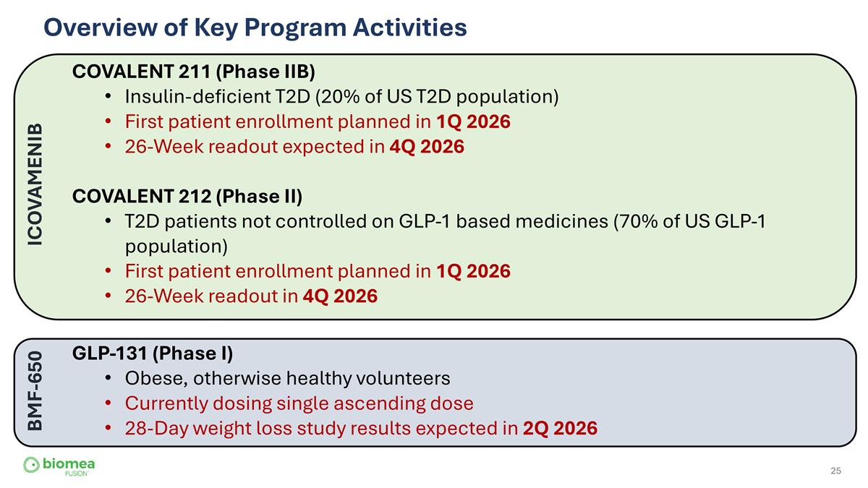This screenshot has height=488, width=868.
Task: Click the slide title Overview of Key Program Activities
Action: coord(255,27)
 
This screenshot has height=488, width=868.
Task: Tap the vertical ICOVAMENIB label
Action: coord(35,184)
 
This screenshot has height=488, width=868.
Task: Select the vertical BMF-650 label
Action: coord(35,391)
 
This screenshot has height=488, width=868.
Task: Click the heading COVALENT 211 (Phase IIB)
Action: coord(193,72)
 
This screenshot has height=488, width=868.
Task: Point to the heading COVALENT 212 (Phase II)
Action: coord(187,197)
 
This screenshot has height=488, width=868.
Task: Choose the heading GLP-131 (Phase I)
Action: coord(152,354)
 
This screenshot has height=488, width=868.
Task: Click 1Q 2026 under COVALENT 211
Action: coord(473,122)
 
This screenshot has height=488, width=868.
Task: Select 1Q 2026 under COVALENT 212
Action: coord(473,272)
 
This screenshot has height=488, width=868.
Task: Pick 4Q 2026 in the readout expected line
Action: coord(426,147)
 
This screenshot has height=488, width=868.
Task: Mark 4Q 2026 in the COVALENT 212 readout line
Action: coord(339,296)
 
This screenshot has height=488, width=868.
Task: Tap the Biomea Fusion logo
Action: coord(59,466)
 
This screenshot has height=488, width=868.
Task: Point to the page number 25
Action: coord(835,471)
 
